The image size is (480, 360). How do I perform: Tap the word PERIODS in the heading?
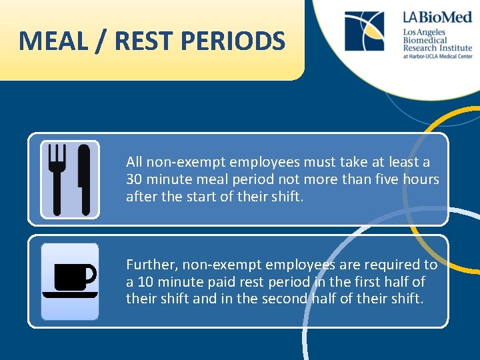233,41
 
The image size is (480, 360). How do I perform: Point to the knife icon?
83,178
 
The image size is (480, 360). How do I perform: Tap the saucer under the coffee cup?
70,294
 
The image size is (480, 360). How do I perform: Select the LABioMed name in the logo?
437,17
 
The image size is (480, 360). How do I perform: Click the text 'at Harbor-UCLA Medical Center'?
437,57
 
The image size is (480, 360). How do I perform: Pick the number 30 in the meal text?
135,179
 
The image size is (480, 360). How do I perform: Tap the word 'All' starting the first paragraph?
135,162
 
